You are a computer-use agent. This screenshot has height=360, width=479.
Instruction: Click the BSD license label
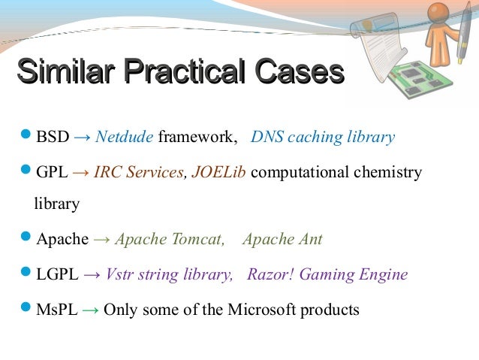(53, 138)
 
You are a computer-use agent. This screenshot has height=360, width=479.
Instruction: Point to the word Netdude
(124, 138)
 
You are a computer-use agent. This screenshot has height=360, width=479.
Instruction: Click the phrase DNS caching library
(322, 138)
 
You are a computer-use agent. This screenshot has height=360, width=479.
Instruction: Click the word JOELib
(219, 173)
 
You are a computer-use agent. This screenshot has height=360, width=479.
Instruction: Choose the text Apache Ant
(282, 240)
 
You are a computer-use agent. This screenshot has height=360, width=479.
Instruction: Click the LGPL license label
(57, 274)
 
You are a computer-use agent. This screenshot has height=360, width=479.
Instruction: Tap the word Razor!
(271, 274)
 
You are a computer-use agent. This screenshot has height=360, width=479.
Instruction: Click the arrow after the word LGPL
(92, 274)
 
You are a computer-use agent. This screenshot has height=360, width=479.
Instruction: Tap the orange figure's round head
(438, 14)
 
